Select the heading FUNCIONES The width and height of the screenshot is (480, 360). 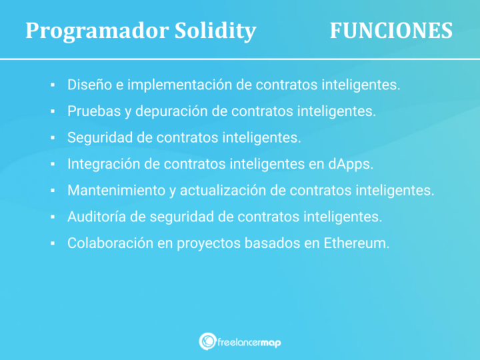391,31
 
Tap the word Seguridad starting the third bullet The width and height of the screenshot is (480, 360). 98,137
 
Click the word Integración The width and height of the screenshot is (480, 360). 103,164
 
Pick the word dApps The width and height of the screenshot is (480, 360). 355,164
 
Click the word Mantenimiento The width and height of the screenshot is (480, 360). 116,190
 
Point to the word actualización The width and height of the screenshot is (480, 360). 223,190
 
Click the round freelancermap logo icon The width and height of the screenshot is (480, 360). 207,341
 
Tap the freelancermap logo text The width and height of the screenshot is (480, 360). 249,342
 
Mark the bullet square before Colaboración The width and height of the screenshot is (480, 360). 52,244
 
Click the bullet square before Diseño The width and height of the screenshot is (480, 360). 52,85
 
